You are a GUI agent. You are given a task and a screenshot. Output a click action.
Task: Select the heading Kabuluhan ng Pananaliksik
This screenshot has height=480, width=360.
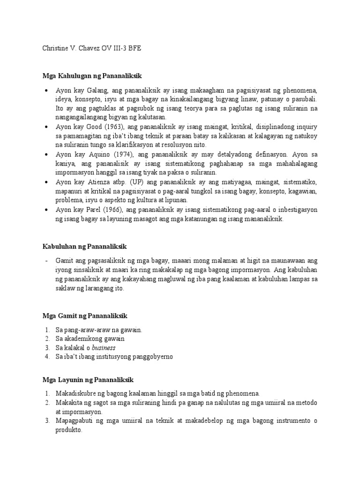click(85, 246)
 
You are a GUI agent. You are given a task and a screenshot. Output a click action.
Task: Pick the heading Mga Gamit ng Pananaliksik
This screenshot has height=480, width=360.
click(85, 316)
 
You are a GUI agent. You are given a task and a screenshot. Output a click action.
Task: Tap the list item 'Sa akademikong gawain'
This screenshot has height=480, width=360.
click(90, 339)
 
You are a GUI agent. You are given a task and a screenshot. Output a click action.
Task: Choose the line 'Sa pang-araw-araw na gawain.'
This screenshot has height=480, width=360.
click(98, 330)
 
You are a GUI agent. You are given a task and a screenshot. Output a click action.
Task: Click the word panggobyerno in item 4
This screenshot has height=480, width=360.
click(154, 357)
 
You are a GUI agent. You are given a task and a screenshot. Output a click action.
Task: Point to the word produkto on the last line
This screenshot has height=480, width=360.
click(68, 429)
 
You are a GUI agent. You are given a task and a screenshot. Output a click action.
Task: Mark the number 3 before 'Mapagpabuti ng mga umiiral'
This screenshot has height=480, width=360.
click(47, 420)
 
